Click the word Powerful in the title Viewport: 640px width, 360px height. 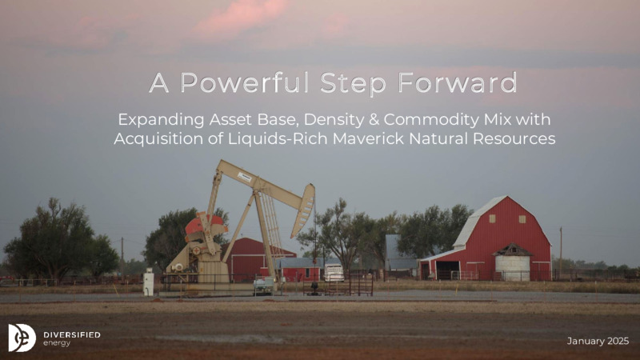[243, 84]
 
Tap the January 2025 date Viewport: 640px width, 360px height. [598, 342]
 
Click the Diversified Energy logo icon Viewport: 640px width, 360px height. [22, 338]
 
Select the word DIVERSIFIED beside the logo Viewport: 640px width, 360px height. [72, 334]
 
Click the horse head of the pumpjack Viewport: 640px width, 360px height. [303, 210]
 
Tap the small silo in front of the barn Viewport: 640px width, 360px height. [512, 262]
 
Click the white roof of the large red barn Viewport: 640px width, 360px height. [478, 222]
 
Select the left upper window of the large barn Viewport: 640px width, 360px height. [492, 218]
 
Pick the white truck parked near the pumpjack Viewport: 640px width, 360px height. [334, 273]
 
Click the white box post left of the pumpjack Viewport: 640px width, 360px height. [148, 282]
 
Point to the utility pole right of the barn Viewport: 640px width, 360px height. [561, 253]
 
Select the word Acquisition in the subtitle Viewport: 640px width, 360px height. [158, 138]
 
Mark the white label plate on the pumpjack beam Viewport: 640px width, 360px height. [245, 177]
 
